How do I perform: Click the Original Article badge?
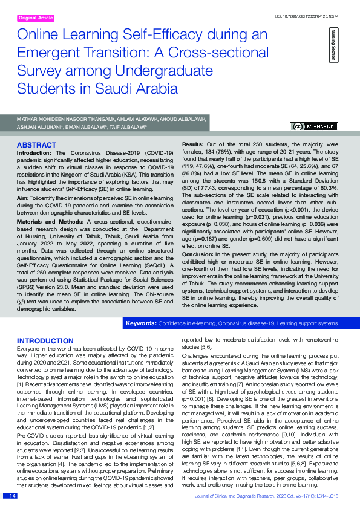(36, 18)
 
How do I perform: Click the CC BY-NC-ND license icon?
(314, 127)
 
